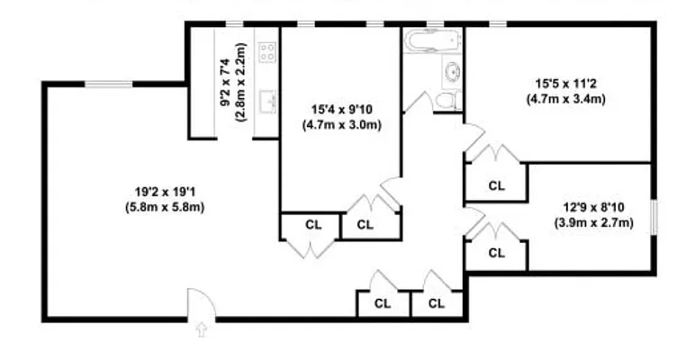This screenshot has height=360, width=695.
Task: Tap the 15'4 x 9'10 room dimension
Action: pos(341,111)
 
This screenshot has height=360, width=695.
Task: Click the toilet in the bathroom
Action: pos(447,99)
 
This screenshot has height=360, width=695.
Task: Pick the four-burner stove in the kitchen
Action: pos(266,52)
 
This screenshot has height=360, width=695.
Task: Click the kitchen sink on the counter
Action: pos(266,99)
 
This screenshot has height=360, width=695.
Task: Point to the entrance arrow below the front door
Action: pos(201,330)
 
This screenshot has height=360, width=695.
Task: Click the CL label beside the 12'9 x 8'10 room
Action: pos(495,253)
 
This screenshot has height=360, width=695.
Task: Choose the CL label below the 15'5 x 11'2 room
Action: pos(495,186)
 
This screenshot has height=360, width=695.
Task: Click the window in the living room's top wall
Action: pos(109,85)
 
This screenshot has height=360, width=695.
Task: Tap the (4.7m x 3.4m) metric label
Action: pos(565,100)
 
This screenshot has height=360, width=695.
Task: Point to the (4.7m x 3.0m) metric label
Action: pos(341,125)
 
